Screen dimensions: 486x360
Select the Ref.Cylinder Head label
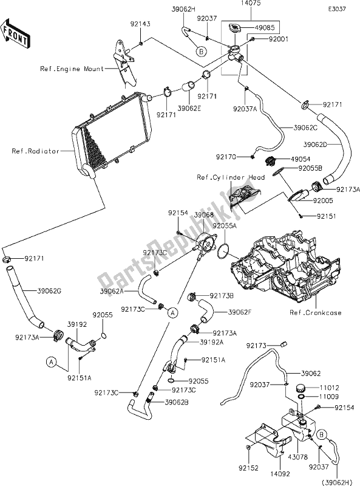click(x=230, y=177)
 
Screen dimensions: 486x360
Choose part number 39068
click(x=203, y=214)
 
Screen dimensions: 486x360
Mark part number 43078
click(x=287, y=449)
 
